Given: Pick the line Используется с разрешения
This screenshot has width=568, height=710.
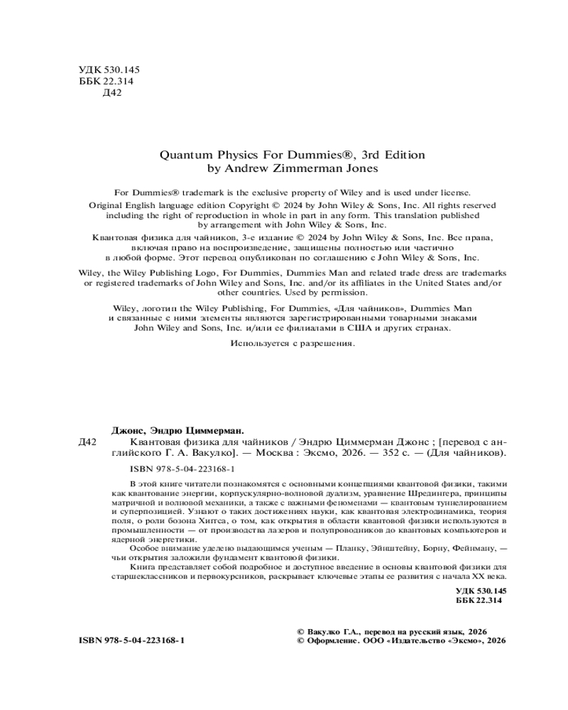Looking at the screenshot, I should (293, 344).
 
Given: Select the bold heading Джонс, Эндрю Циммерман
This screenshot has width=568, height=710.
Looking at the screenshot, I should (177, 431).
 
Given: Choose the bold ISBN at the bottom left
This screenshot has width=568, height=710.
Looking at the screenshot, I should (132, 640).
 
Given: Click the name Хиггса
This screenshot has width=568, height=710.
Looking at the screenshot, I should (217, 520).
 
